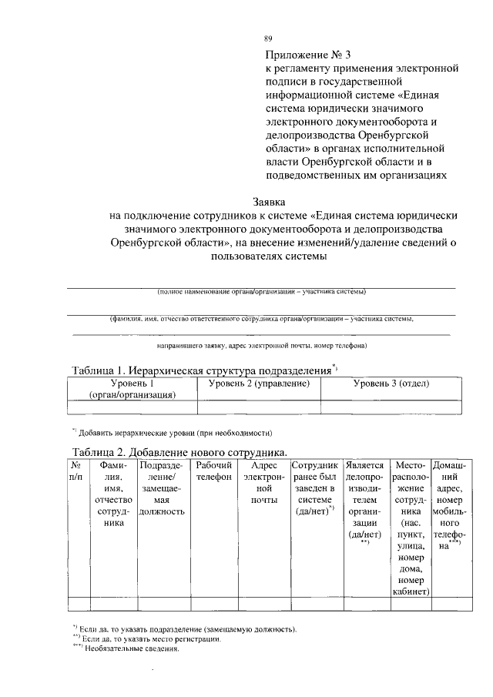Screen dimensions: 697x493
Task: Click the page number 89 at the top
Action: [x=268, y=39]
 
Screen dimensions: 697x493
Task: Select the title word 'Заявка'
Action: [x=270, y=202]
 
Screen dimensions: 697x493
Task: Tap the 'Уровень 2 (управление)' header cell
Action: [x=259, y=384]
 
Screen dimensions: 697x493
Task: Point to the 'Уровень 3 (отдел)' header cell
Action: [x=391, y=384]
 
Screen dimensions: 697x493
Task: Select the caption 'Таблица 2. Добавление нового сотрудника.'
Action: [x=179, y=451]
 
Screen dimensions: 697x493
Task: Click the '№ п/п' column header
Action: [x=76, y=472]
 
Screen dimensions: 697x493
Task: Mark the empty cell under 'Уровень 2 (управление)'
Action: [x=259, y=407]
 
